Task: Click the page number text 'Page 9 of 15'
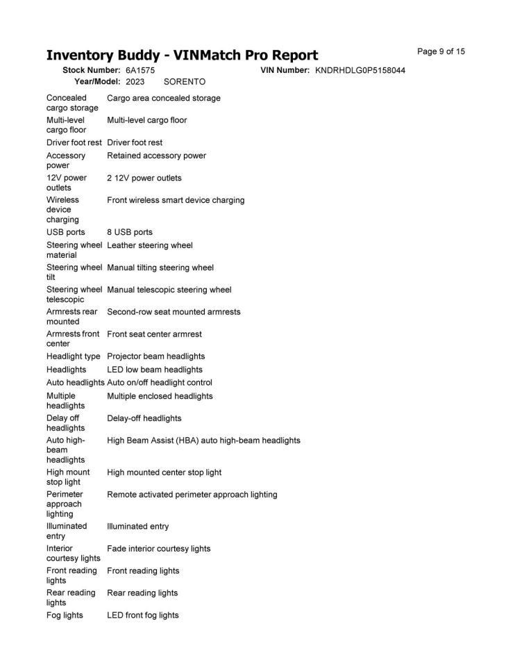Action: coord(441,51)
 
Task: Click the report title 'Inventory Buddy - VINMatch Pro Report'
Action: coord(182,56)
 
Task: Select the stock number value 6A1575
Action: coord(140,70)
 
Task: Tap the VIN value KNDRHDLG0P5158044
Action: coord(360,70)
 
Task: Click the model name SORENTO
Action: coord(185,81)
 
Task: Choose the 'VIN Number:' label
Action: coord(285,70)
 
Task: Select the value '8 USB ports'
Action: coord(130,232)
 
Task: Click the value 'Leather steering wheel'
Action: coord(150,245)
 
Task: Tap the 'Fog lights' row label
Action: coord(65,616)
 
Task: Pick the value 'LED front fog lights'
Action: coord(143,616)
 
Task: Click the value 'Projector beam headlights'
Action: coord(156,356)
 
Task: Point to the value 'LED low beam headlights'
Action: coord(155,370)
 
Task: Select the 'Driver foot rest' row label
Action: coord(74,142)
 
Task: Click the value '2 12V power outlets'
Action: coord(144,178)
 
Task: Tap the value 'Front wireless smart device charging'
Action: coord(176,200)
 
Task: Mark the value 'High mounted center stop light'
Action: coord(164,472)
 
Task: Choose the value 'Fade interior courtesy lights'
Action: coord(159,549)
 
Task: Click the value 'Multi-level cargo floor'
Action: coord(147,120)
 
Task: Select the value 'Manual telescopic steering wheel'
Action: coord(169,290)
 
